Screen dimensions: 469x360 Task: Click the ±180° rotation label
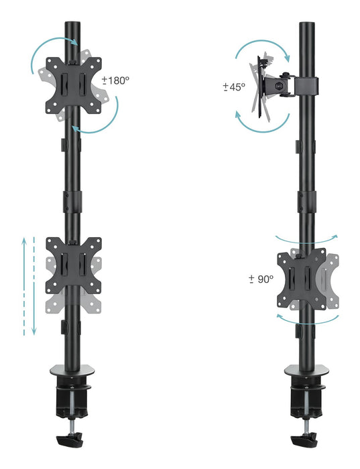click(x=115, y=80)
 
